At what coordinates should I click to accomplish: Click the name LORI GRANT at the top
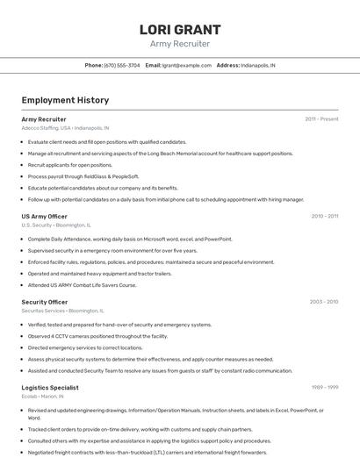[179, 29]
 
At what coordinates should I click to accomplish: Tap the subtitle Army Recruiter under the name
[179, 44]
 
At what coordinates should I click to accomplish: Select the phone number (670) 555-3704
[122, 65]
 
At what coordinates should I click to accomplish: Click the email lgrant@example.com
[187, 65]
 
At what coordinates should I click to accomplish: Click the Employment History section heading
[65, 100]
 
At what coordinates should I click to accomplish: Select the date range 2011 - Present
[321, 118]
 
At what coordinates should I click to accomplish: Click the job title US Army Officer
[44, 216]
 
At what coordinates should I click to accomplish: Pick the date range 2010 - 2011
[324, 216]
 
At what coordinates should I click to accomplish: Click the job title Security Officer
[44, 302]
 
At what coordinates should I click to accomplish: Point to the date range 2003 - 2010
[323, 302]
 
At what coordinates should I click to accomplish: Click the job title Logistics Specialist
[50, 387]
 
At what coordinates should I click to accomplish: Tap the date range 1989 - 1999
[324, 387]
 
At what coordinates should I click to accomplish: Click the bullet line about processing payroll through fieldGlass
[83, 176]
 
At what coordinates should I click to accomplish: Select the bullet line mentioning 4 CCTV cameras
[97, 336]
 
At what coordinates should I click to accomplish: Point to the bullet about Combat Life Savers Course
[82, 284]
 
